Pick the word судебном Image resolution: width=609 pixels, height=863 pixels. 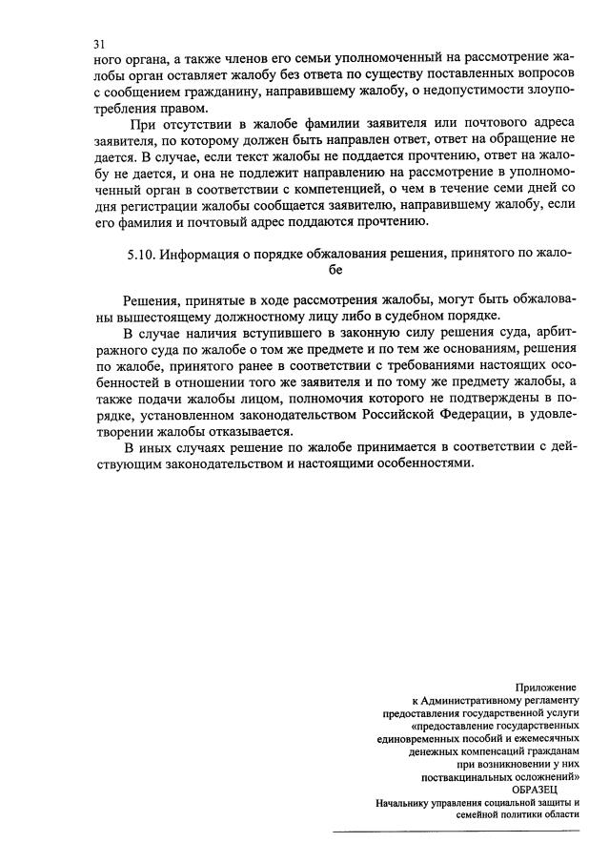(x=428, y=317)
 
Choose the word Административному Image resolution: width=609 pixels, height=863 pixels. (x=478, y=700)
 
